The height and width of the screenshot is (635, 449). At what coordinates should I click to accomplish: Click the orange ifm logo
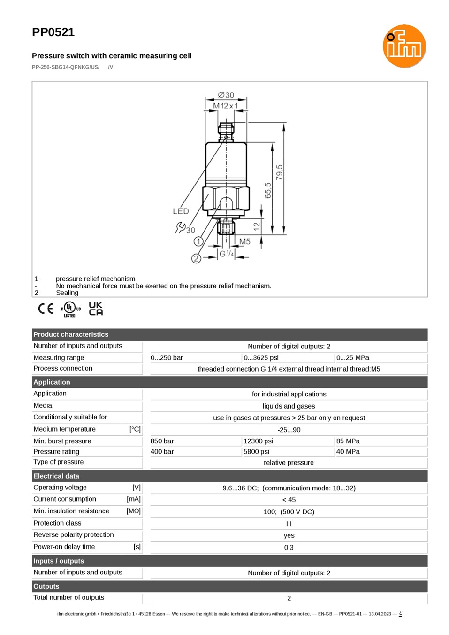pyautogui.click(x=404, y=46)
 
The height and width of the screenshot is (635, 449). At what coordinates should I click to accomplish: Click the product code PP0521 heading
pyautogui.click(x=53, y=32)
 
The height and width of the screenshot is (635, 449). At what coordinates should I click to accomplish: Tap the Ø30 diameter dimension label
pyautogui.click(x=226, y=95)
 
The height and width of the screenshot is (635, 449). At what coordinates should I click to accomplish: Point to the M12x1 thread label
pyautogui.click(x=226, y=106)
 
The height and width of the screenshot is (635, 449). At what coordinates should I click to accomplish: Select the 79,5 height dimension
pyautogui.click(x=280, y=172)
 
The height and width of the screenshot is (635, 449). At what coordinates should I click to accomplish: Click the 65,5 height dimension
pyautogui.click(x=268, y=190)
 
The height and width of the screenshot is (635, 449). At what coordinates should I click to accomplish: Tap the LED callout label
pyautogui.click(x=181, y=211)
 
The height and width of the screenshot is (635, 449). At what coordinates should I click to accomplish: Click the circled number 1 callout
pyautogui.click(x=198, y=241)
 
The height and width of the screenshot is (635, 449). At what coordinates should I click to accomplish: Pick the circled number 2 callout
pyautogui.click(x=196, y=258)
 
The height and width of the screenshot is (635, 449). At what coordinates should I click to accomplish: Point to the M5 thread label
pyautogui.click(x=244, y=241)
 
